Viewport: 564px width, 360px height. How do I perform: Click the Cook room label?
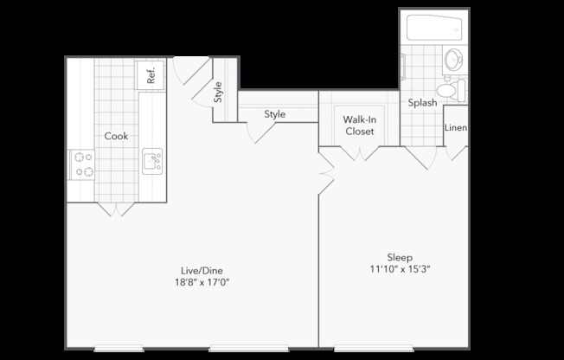(117, 136)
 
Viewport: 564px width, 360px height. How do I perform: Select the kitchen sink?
(152, 160)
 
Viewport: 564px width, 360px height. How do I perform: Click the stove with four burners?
(83, 164)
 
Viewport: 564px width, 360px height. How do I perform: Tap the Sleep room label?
(399, 257)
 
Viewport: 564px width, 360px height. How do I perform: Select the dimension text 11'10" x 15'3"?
(399, 269)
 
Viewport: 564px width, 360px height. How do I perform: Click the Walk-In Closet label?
(358, 125)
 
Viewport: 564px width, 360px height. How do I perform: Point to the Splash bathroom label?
(422, 102)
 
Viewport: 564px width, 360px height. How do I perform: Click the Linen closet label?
(456, 128)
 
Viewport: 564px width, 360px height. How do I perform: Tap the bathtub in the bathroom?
(436, 29)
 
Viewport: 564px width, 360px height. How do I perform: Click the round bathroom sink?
(453, 61)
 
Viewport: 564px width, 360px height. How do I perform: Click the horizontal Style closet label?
(275, 114)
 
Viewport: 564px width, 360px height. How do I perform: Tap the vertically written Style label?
(218, 92)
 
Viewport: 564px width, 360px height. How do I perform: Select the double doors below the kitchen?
(114, 209)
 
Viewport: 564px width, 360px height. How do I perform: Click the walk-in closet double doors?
(358, 153)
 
